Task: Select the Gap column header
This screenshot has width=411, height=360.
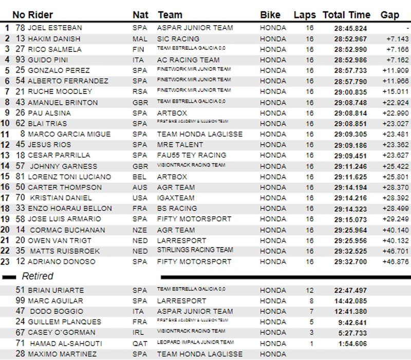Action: click(390, 15)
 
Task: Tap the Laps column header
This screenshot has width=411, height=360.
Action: click(305, 15)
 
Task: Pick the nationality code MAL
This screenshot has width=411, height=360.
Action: click(140, 39)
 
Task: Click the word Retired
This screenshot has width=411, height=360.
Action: click(38, 276)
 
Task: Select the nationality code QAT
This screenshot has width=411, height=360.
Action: click(140, 343)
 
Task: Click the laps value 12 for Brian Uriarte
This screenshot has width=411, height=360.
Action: click(310, 290)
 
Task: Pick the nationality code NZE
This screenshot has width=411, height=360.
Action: click(140, 230)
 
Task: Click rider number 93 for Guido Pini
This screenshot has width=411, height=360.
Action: click(20, 60)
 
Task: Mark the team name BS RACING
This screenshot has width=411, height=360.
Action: click(177, 209)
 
